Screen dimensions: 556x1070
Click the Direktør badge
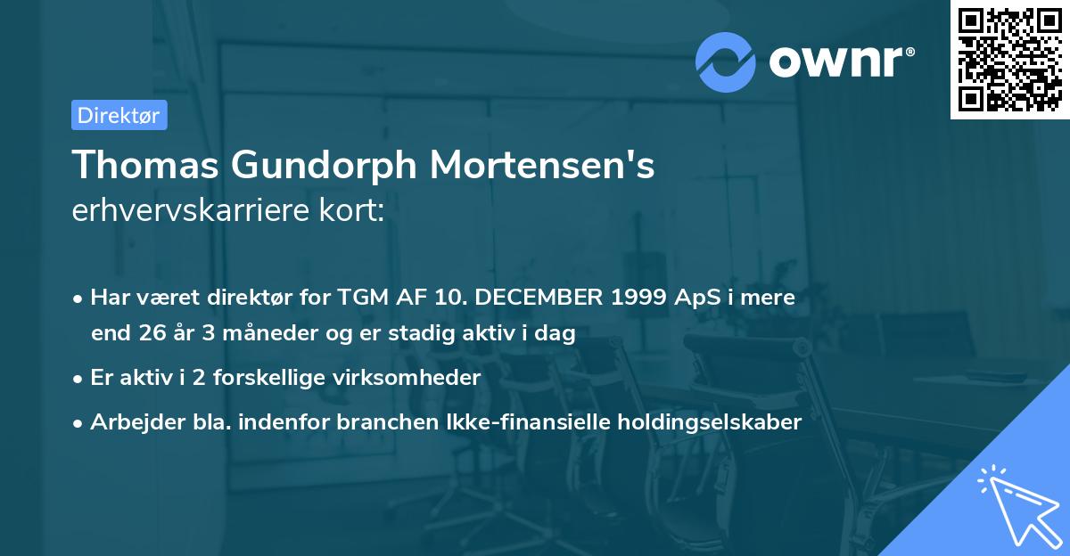(x=119, y=115)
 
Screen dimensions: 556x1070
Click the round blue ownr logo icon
(x=726, y=61)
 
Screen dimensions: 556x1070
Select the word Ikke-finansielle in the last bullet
(x=538, y=422)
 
